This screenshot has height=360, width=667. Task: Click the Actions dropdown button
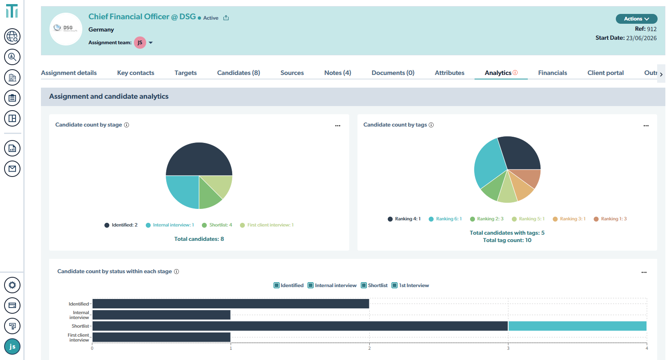click(x=636, y=19)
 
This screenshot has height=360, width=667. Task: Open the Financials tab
click(x=552, y=72)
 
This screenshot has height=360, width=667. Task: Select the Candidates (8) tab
click(x=239, y=72)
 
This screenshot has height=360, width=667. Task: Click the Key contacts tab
click(x=136, y=72)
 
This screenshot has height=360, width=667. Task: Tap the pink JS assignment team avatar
click(x=140, y=43)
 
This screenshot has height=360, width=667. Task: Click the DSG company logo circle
click(x=66, y=29)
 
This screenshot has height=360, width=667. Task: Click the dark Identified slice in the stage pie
click(x=199, y=159)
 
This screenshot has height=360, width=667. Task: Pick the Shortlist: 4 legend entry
click(x=217, y=225)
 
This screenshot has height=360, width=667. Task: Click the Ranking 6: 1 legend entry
click(x=445, y=219)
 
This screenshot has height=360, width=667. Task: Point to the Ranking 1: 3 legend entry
click(x=610, y=219)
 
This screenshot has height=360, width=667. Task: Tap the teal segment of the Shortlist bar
click(x=577, y=326)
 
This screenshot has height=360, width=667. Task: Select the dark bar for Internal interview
click(x=161, y=315)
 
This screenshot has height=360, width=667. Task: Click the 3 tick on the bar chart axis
click(x=508, y=348)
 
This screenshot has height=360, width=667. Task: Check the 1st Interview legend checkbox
click(x=395, y=285)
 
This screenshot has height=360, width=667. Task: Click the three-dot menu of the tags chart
click(x=646, y=126)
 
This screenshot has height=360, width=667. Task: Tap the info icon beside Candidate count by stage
click(x=127, y=125)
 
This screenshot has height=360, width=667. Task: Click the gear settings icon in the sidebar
click(x=12, y=285)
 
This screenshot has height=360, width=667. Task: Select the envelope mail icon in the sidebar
click(x=12, y=169)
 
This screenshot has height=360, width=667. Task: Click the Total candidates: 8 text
click(x=199, y=239)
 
